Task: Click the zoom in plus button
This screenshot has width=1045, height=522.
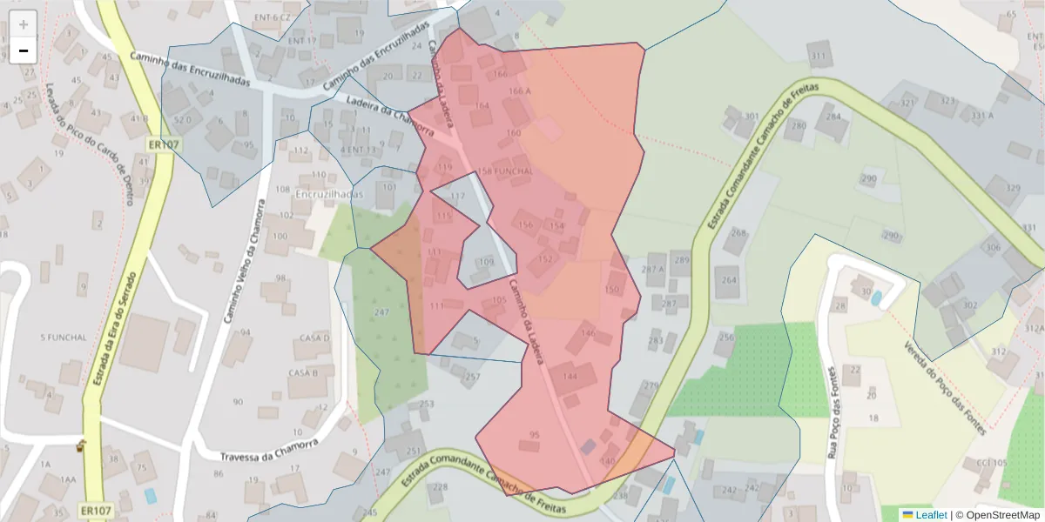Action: pos(24,24)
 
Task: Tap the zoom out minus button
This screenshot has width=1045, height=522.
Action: pos(24,50)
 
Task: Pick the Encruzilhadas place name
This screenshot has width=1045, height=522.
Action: pos(329,194)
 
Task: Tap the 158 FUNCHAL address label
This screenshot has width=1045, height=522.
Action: pos(505,171)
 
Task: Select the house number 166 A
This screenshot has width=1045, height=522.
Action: pos(519,90)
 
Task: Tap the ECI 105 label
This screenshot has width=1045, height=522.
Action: pos(992,462)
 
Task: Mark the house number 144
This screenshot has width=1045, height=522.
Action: pos(570,376)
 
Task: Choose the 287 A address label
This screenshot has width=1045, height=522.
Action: pos(652,269)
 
